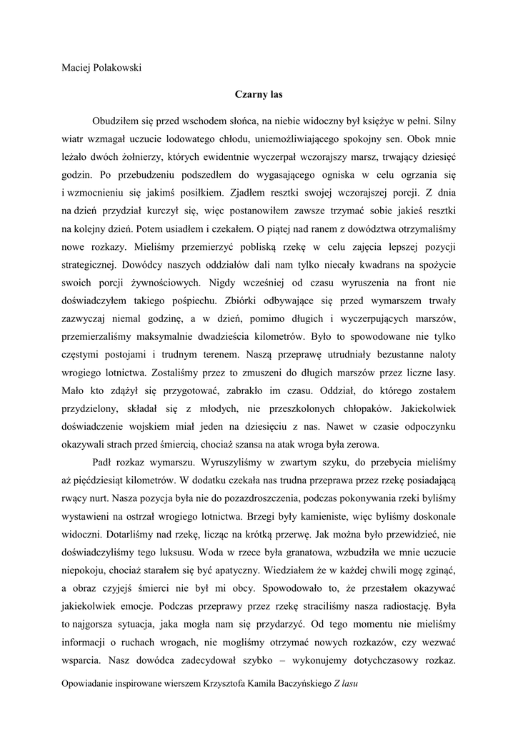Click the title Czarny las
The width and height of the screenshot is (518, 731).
point(259,94)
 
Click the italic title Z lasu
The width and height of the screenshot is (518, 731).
point(346,684)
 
